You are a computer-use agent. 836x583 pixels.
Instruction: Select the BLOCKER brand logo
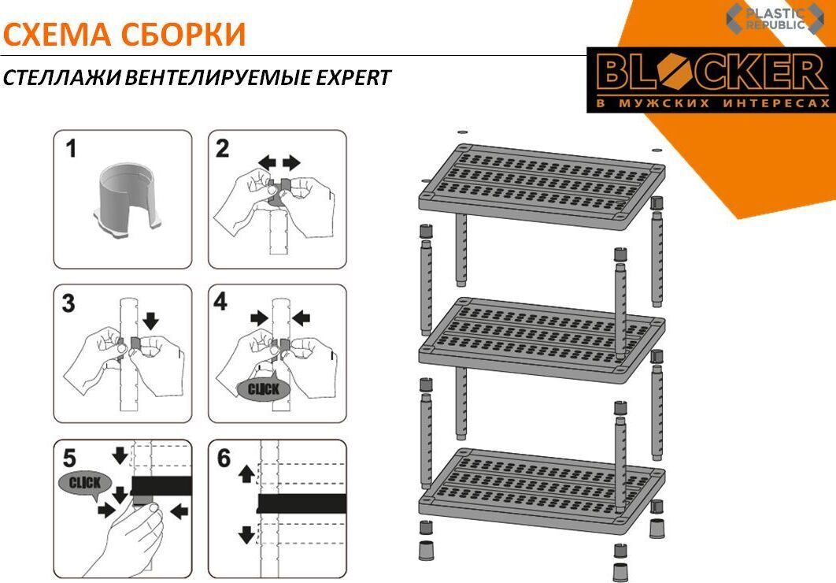click(x=712, y=80)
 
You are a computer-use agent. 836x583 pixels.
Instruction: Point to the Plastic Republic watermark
click(x=775, y=19)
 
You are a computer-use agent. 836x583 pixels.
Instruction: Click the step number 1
click(x=71, y=149)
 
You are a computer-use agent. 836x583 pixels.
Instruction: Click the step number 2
click(x=222, y=149)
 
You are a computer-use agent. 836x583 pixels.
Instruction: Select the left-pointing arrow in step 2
click(x=267, y=162)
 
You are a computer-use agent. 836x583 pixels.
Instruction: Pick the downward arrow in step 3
click(x=151, y=321)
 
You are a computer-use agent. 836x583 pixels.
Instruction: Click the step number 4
click(x=220, y=303)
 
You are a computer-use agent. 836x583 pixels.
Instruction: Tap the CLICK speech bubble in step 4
click(x=264, y=389)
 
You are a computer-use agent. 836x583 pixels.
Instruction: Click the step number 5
click(x=69, y=459)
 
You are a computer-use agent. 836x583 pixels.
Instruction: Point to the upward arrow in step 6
click(x=246, y=473)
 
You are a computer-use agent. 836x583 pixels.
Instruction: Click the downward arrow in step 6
click(x=246, y=534)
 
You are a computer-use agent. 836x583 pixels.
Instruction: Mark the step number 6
click(x=224, y=459)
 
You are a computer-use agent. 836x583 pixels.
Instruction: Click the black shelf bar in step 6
click(x=301, y=503)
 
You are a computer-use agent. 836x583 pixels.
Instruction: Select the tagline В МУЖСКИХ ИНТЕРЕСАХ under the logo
click(x=712, y=103)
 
